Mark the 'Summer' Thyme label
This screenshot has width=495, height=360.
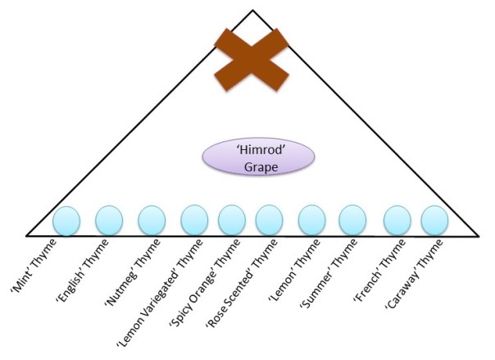click(330, 271)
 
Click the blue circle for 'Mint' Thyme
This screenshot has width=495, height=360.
click(66, 221)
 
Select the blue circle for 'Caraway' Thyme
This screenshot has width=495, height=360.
click(434, 221)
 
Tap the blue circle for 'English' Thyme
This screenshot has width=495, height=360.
click(109, 221)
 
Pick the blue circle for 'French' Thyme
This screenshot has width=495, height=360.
click(397, 221)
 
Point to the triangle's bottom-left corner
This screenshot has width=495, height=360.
click(27, 235)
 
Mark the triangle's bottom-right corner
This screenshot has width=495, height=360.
click(478, 235)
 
